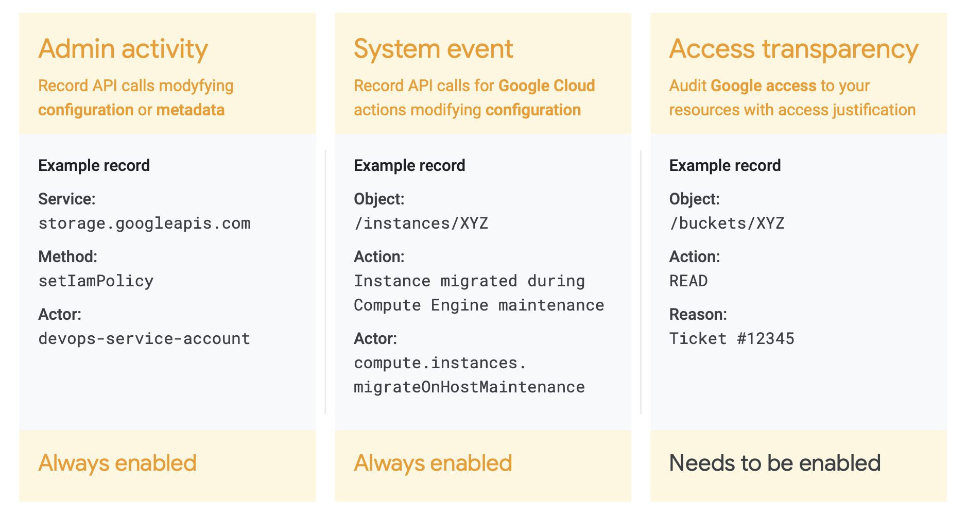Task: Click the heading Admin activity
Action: point(123,49)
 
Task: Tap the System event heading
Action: point(433,49)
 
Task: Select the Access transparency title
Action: point(793,49)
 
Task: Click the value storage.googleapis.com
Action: point(145,223)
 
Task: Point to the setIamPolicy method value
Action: point(96,281)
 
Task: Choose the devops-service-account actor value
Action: point(145,339)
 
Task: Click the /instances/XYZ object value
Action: point(421,223)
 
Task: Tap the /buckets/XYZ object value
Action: point(727,223)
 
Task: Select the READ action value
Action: point(688,281)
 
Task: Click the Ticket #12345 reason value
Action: point(732,339)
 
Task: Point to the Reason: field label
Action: point(698,314)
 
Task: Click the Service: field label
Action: point(67,199)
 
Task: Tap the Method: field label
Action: point(68,256)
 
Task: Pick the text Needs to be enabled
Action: point(775,463)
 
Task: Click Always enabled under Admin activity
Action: point(117,463)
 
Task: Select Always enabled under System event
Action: point(433,463)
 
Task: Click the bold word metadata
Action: point(191,110)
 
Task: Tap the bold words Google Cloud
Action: point(547,86)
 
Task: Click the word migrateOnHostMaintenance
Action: point(470,387)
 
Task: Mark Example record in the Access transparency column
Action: point(725,165)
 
